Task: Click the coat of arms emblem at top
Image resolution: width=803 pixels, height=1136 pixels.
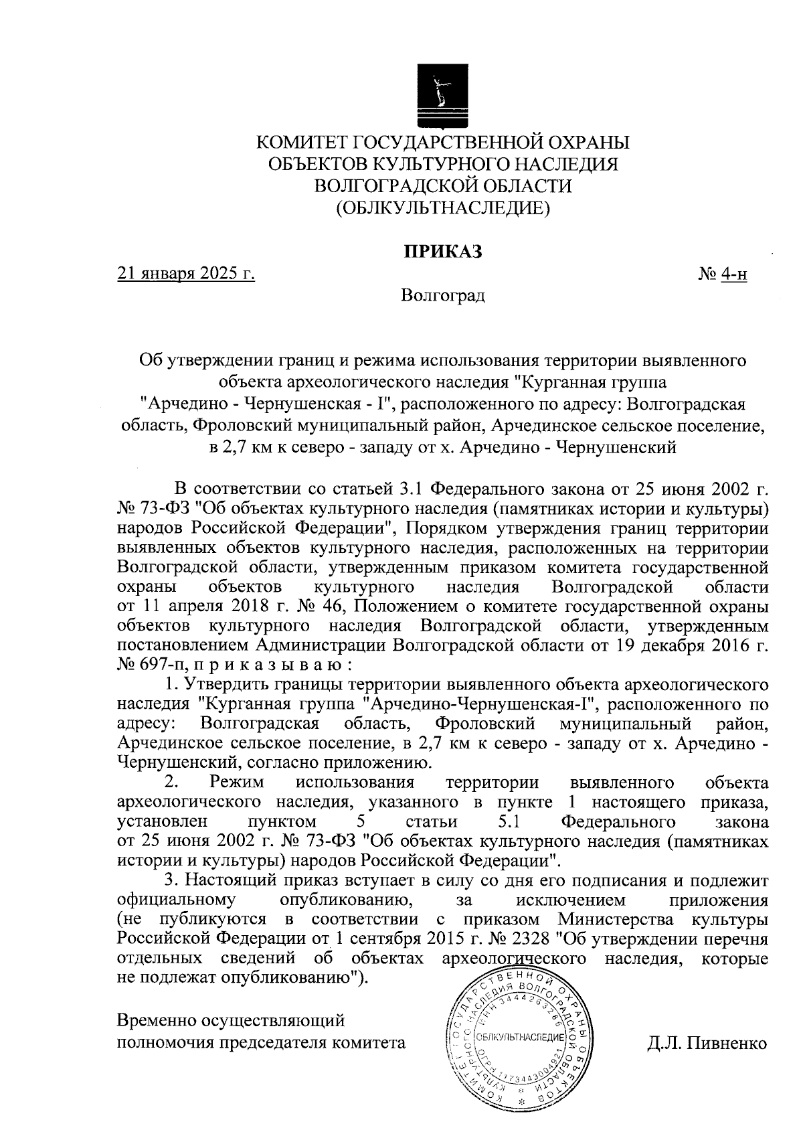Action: tap(442, 94)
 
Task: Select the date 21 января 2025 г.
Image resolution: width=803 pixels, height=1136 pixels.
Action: tap(186, 274)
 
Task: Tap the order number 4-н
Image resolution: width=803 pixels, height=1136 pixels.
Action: tap(733, 274)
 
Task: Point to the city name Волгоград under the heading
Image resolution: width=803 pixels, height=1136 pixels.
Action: tap(442, 295)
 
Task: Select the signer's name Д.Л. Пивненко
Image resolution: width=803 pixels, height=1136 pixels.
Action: tap(707, 1043)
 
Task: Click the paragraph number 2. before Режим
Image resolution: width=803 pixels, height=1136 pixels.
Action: tap(171, 783)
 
